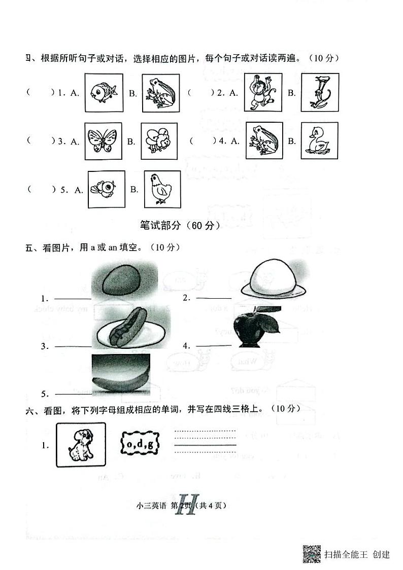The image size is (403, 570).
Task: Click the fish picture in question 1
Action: [104, 92]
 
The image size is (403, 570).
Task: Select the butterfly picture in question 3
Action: [104, 140]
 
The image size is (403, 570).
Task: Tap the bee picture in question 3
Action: [159, 140]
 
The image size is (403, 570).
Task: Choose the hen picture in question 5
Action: [162, 189]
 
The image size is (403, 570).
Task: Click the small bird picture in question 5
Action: [106, 189]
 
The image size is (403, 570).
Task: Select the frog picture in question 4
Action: [264, 140]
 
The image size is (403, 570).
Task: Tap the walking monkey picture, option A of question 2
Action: [263, 92]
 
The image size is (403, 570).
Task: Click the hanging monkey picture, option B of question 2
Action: [319, 92]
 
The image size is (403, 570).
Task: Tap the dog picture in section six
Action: [81, 445]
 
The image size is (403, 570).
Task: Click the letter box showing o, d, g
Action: [140, 445]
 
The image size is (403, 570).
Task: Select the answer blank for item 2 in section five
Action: [213, 298]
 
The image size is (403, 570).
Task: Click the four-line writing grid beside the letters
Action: [205, 441]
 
